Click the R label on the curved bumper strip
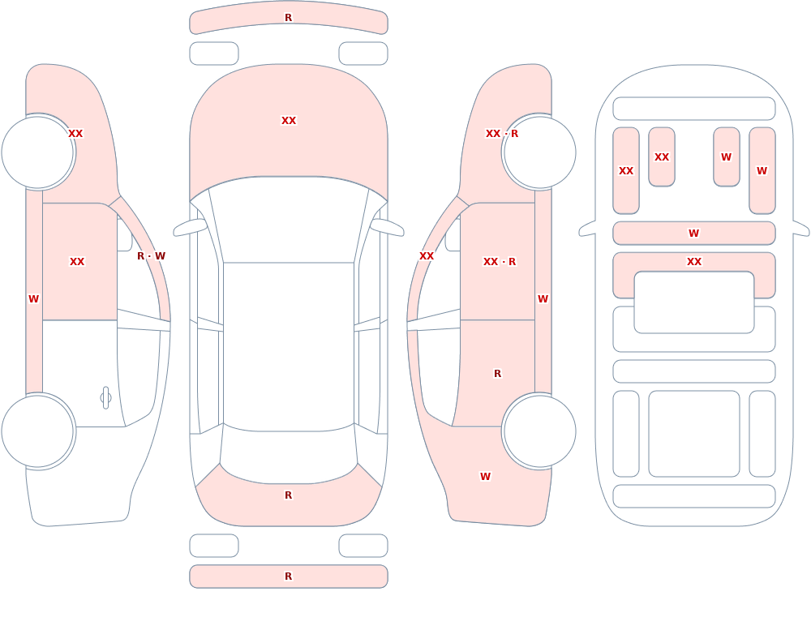(289, 18)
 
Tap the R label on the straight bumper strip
(289, 577)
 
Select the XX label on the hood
(289, 121)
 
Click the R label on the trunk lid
(289, 495)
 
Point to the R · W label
(151, 256)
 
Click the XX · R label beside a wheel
(502, 134)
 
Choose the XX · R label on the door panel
(500, 262)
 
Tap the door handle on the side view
(105, 398)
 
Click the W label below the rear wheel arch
(485, 477)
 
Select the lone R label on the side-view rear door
(498, 374)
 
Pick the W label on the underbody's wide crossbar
(694, 234)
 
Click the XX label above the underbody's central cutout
(694, 262)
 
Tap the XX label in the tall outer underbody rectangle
(626, 171)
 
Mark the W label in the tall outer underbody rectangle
(762, 171)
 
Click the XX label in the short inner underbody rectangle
(662, 156)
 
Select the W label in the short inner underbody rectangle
(726, 156)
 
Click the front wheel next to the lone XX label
(37, 152)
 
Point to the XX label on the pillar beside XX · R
(427, 256)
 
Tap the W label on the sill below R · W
(33, 299)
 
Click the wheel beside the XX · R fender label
(540, 152)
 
